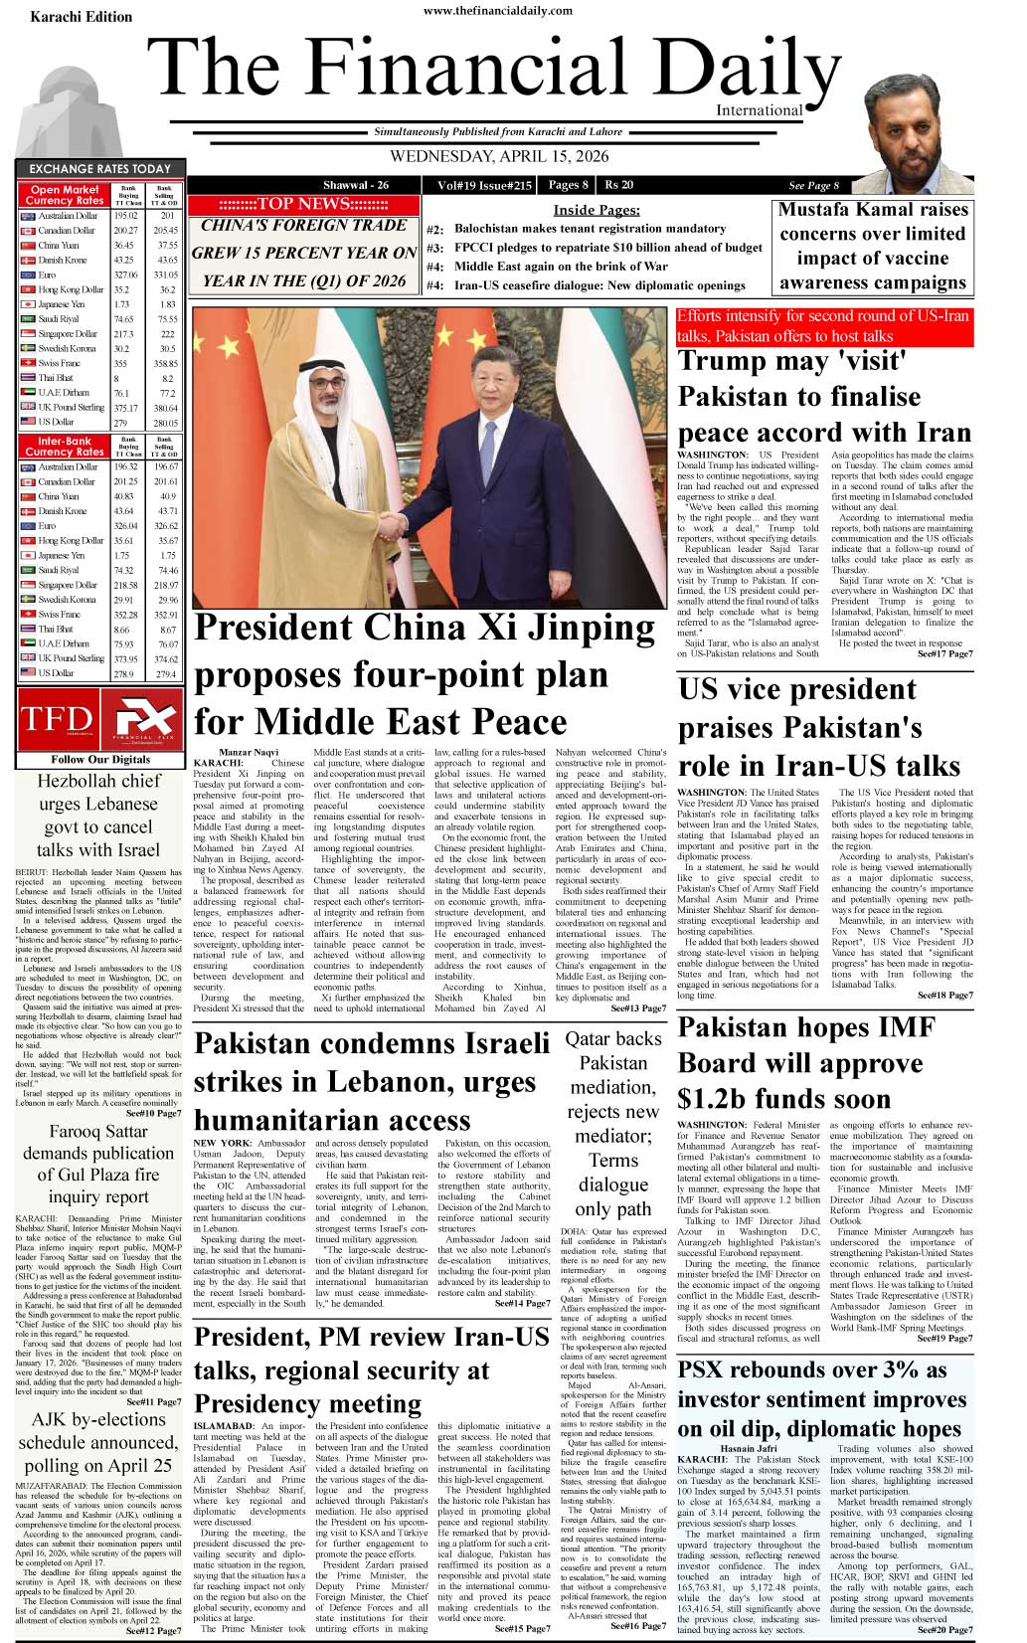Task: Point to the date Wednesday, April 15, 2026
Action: tap(498, 156)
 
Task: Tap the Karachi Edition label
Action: tap(81, 17)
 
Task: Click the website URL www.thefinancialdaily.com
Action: tap(498, 11)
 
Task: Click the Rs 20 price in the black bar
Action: tap(618, 185)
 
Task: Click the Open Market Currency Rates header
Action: tap(65, 195)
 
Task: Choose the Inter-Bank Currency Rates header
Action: tap(65, 446)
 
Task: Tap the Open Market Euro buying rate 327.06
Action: tap(125, 274)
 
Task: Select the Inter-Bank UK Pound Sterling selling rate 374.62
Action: tap(167, 658)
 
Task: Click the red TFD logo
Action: tap(56, 719)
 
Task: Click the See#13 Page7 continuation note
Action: tap(638, 1008)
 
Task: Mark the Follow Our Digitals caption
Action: tap(100, 759)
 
